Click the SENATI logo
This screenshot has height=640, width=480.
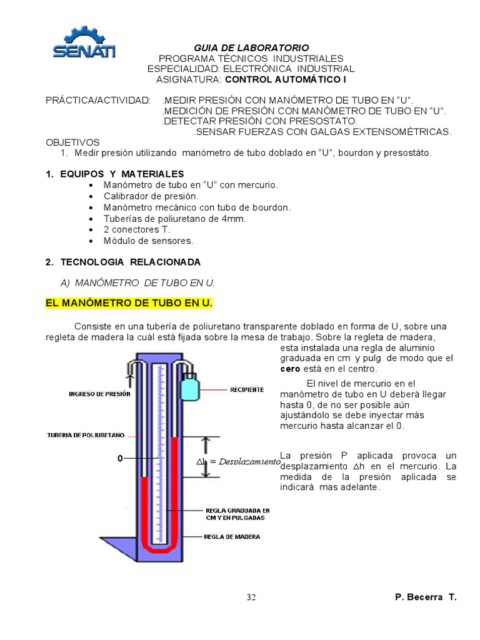[83, 43]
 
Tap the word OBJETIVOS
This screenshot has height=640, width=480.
[72, 142]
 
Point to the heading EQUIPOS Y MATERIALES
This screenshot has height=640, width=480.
[115, 174]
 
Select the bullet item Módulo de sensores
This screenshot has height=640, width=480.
[149, 241]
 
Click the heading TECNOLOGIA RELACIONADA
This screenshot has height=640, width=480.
[123, 262]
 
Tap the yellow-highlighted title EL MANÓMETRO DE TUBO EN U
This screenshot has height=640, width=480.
[129, 303]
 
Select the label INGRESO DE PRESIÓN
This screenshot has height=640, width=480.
[99, 394]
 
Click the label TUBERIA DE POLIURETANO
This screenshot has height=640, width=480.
[86, 435]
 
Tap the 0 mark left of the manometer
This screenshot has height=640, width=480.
[119, 459]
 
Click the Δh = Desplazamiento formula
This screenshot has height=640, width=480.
[238, 461]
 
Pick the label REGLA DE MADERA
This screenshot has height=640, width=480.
[232, 536]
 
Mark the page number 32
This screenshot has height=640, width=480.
[251, 597]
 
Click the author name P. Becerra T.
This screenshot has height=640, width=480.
[426, 597]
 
